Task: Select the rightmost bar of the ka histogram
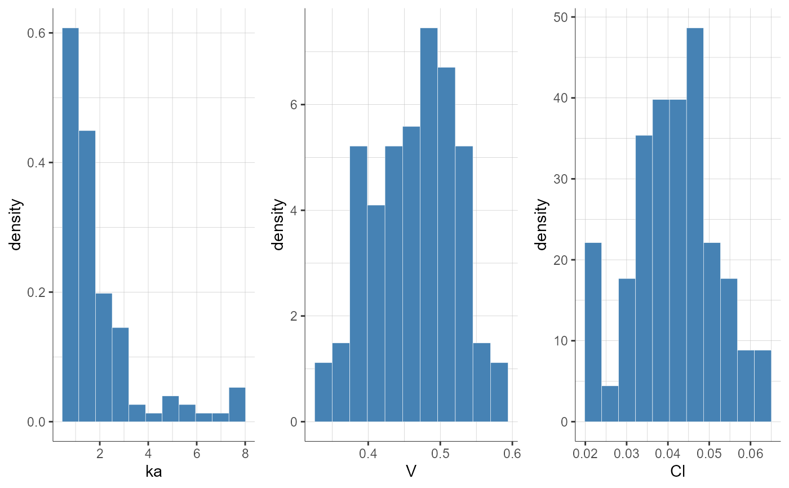pos(237,405)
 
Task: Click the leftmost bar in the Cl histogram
pos(593,332)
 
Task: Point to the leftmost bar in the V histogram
pos(323,392)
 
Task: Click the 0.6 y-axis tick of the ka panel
pos(37,33)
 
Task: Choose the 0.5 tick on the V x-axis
pos(440,453)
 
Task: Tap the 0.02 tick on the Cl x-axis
pos(585,453)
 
